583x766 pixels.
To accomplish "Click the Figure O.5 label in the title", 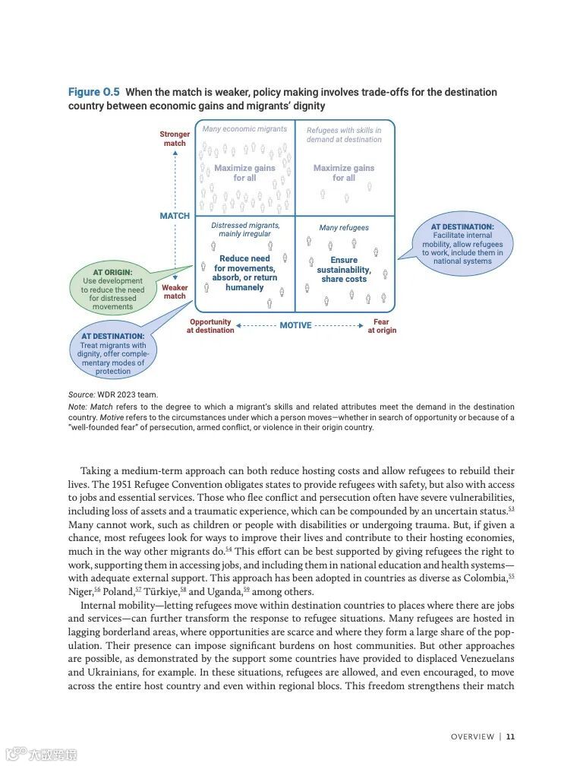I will coord(94,92).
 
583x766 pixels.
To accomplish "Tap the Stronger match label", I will coord(175,139).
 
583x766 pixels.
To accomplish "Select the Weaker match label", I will coord(175,292).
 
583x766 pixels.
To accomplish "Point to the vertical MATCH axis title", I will coord(175,216).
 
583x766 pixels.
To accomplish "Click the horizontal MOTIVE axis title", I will coord(295,325).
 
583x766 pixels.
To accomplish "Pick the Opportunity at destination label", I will coord(210,326).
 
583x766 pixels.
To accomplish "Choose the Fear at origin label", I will coord(382,326).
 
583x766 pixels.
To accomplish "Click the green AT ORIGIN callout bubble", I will coord(112,289).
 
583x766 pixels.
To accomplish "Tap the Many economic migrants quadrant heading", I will coord(244,129).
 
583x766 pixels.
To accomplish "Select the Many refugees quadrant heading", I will coord(344,227).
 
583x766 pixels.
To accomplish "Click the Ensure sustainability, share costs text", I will coord(344,270).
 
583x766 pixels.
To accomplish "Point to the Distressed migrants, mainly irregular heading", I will coord(245,229).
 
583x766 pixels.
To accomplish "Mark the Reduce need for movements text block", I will coord(244,273).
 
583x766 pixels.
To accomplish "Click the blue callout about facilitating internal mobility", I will coord(462,244).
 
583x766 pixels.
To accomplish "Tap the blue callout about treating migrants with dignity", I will coord(113,353).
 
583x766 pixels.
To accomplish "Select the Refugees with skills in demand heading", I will coord(344,135).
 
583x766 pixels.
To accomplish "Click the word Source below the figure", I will coord(80,394).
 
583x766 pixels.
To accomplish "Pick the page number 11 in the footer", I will coord(511,736).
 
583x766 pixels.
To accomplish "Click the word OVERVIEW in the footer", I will coord(472,736).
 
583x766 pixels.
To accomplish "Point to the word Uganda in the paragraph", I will coord(225,592).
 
